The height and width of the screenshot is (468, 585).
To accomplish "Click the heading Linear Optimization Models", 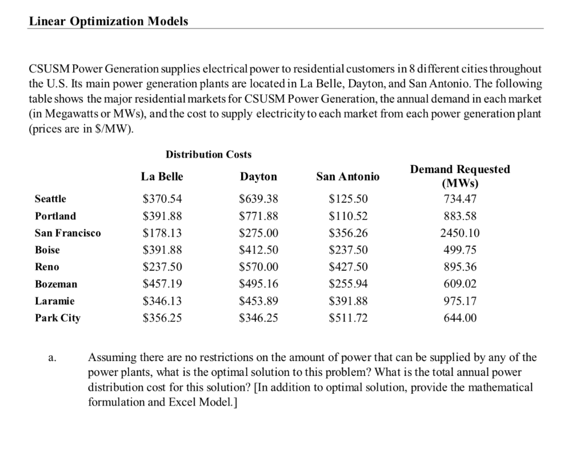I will pyautogui.click(x=108, y=21).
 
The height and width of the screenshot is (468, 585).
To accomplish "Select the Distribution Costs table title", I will pyautogui.click(x=208, y=154).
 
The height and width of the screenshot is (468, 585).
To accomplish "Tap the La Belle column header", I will pyautogui.click(x=162, y=177).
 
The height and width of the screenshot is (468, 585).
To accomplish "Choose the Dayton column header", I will pyautogui.click(x=258, y=177).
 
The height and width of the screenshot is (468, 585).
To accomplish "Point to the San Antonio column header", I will pyautogui.click(x=347, y=177).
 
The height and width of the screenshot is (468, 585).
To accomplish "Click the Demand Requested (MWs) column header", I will pyautogui.click(x=460, y=177).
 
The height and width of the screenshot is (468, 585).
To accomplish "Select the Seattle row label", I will pyautogui.click(x=50, y=199).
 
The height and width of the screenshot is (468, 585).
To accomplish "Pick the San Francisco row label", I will pyautogui.click(x=67, y=233).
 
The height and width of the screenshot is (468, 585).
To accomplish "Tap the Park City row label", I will pyautogui.click(x=57, y=318).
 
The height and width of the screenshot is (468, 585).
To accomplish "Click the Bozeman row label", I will pyautogui.click(x=55, y=284).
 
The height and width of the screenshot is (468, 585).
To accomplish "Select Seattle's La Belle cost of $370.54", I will pyautogui.click(x=162, y=199).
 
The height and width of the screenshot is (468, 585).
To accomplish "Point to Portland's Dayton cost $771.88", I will pyautogui.click(x=258, y=216).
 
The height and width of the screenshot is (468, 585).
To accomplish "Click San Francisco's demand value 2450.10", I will pyautogui.click(x=460, y=233).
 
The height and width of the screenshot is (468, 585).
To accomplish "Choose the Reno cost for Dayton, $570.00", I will pyautogui.click(x=258, y=267).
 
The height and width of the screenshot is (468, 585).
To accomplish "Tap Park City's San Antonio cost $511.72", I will pyautogui.click(x=348, y=318).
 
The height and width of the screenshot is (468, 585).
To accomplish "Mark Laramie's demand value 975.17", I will pyautogui.click(x=460, y=301).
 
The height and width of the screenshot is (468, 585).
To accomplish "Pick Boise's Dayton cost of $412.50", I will pyautogui.click(x=258, y=250).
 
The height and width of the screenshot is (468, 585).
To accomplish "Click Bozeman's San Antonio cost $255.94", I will pyautogui.click(x=348, y=284).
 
